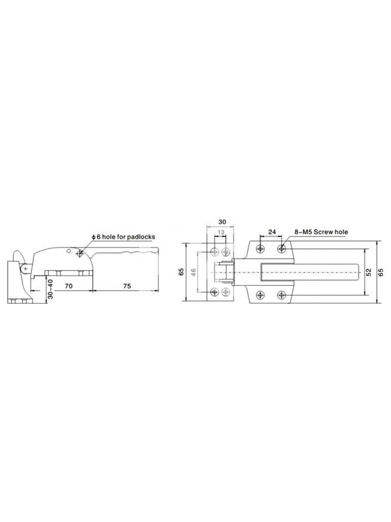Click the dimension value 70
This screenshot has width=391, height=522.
[69, 286]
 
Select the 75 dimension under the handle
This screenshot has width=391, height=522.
[127, 286]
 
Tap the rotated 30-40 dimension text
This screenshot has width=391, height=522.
[50, 289]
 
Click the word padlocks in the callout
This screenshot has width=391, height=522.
[141, 237]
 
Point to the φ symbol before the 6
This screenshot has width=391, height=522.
[93, 237]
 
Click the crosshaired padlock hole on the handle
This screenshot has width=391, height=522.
[80, 254]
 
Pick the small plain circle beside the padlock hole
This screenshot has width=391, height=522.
[69, 251]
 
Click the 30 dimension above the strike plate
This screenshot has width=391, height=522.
[222, 222]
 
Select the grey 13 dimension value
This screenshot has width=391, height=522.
[221, 232]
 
